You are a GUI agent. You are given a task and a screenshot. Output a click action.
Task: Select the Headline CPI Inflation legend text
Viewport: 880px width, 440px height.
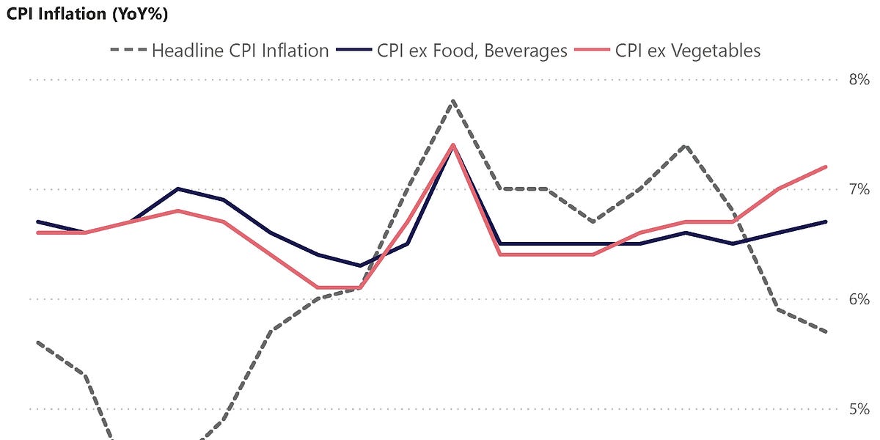pos(240,51)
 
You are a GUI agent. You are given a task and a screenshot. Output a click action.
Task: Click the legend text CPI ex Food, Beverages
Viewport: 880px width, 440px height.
pos(472,51)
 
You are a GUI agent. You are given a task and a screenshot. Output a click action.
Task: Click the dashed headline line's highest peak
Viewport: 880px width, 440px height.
pos(453,100)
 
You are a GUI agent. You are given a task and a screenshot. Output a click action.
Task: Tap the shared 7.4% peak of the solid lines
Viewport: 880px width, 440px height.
pos(453,145)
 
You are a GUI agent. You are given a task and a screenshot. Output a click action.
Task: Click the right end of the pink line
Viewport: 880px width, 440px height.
pos(826,166)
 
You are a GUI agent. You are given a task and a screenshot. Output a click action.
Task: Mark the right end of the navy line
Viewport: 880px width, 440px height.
pos(826,221)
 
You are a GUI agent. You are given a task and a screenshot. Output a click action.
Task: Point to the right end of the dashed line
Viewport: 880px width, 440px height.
pos(826,331)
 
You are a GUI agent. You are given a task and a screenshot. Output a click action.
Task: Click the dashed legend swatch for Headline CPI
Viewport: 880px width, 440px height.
pos(126,51)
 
